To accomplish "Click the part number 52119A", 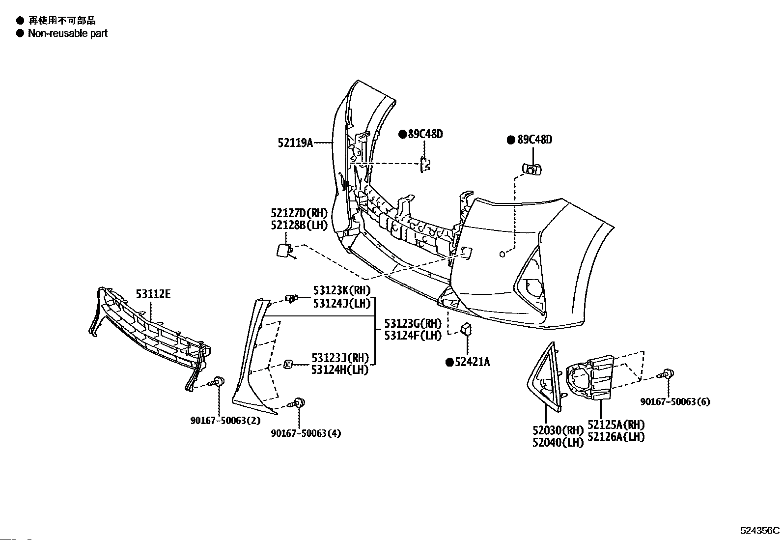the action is coord(295,142).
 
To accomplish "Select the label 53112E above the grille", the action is coord(153,294).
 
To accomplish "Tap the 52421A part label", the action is coord(473,362).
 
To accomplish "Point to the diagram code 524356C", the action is coord(760,531).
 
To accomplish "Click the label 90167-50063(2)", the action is coord(225,421).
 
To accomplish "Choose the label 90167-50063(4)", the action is coord(306,433).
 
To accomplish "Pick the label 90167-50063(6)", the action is coord(675,401).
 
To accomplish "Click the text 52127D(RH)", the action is coord(299,213).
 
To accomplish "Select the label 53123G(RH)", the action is coord(413,323).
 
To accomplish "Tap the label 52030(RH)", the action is coord(558,430).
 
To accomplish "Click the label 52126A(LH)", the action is coord(616,437).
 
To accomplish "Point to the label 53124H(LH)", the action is coord(340,369).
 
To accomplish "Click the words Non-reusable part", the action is coord(68,33).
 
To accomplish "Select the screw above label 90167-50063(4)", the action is coord(296,403).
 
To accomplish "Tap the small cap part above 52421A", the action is coord(467,329).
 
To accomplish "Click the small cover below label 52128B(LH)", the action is coord(284,251).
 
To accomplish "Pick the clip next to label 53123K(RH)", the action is coord(291,299).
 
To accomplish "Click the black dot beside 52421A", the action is coord(449,363).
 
